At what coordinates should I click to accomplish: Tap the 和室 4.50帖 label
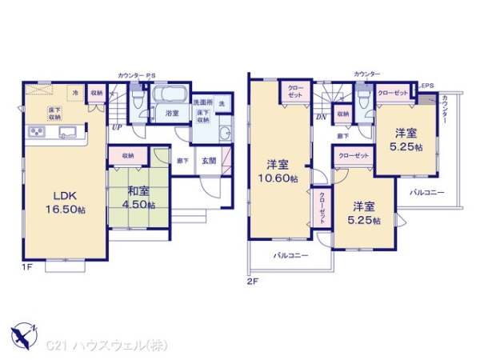coord(137,196)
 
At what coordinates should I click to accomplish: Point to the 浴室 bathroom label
coord(172,114)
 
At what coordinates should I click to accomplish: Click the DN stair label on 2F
coord(321,118)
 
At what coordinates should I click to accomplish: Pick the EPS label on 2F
coord(427,86)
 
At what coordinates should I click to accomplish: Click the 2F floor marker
coord(253,281)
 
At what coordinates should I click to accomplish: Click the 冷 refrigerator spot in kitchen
coord(74,93)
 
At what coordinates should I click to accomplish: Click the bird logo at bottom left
coord(22,330)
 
